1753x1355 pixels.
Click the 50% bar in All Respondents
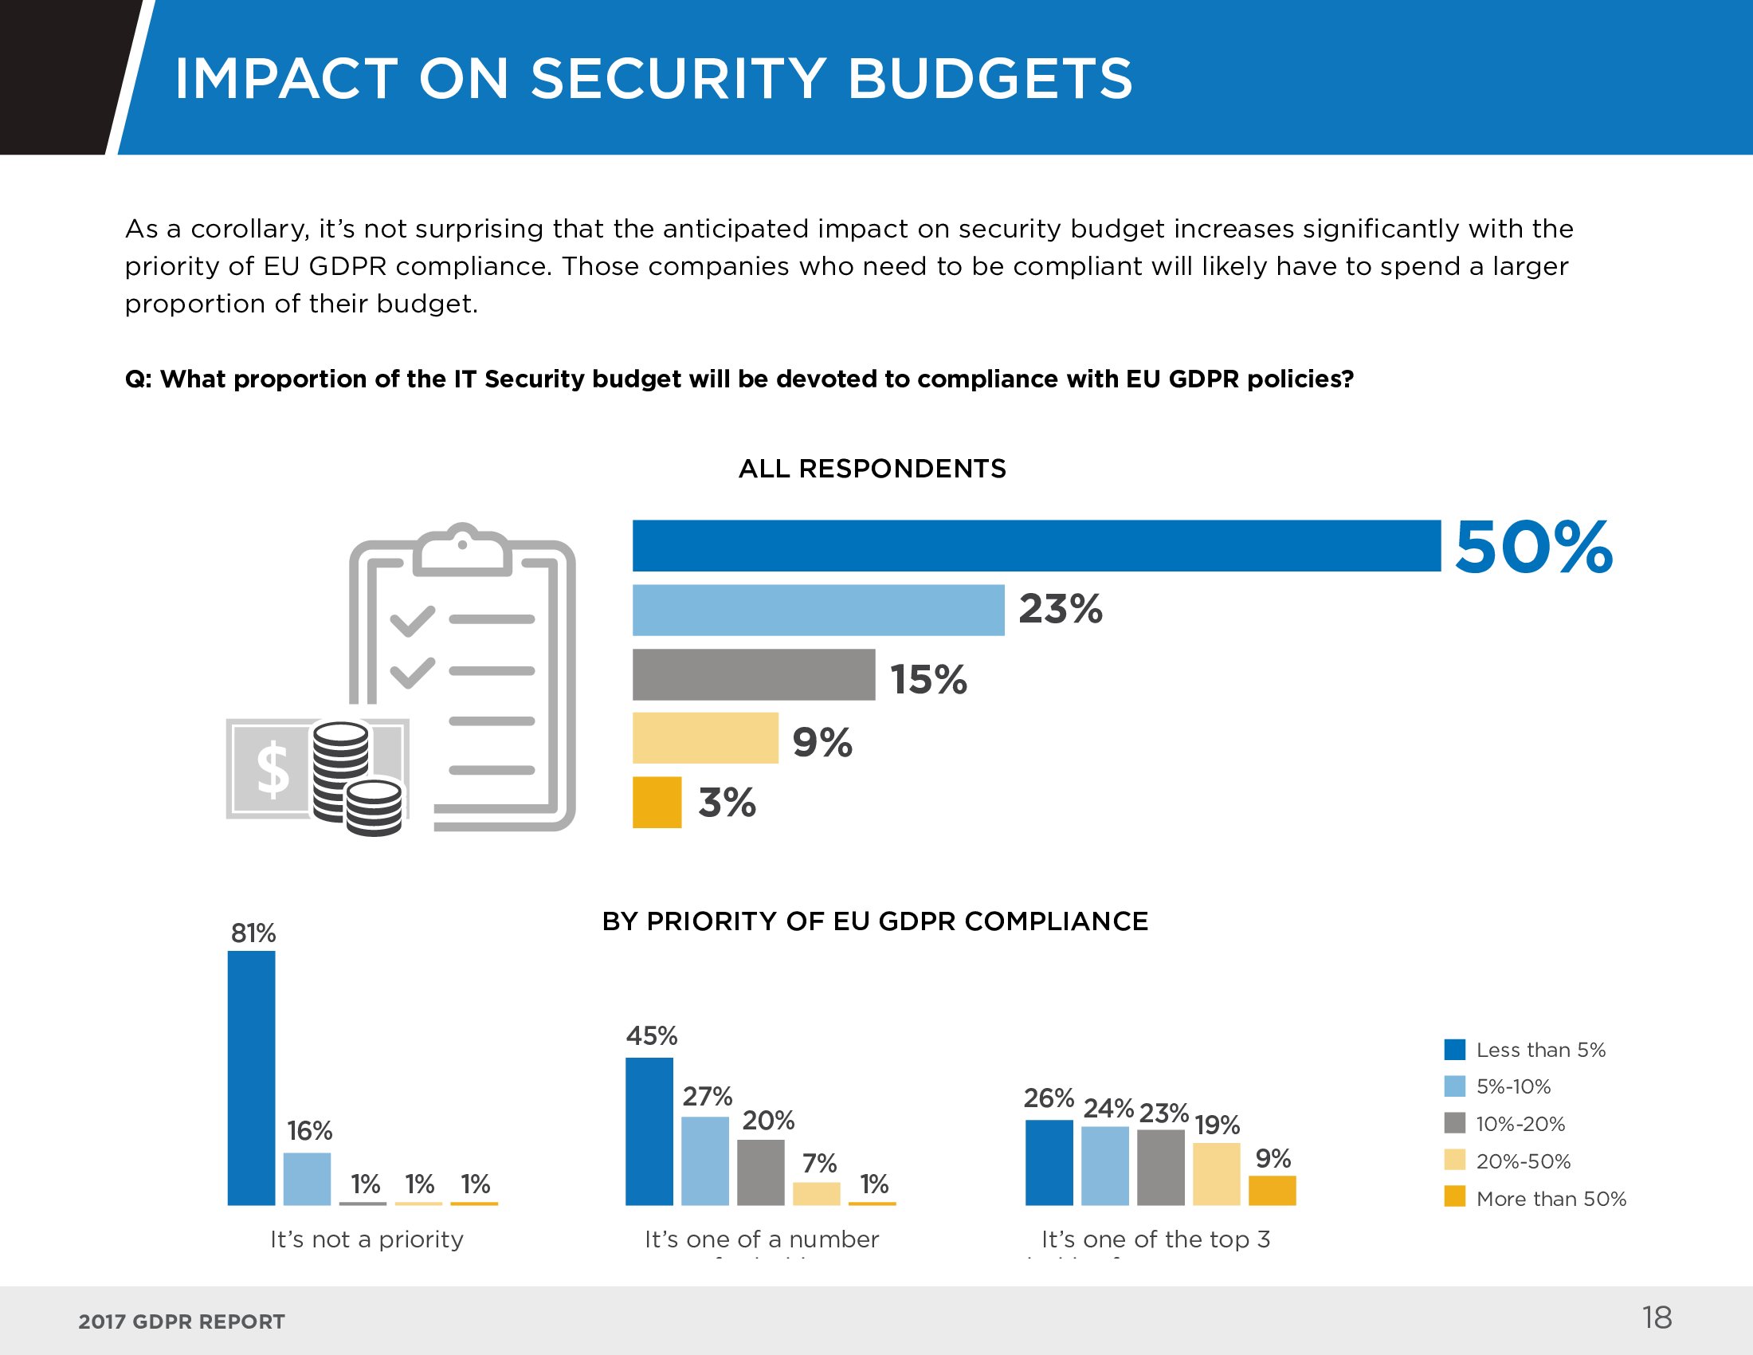(1035, 546)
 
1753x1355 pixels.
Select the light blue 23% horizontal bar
(818, 610)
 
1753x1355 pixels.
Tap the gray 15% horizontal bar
(753, 674)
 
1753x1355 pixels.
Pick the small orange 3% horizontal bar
(657, 802)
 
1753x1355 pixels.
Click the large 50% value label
(1533, 548)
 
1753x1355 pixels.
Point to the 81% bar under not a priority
(251, 1078)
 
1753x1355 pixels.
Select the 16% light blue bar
(307, 1178)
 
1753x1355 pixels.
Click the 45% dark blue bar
(649, 1131)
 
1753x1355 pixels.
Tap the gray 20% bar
(760, 1172)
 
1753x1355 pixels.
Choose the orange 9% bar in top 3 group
(1273, 1191)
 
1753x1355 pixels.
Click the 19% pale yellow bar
(1216, 1173)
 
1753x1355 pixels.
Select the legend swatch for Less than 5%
(1454, 1049)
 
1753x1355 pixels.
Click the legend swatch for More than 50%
(1454, 1196)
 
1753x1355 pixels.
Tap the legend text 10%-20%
(1520, 1124)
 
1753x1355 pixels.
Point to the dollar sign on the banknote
(273, 768)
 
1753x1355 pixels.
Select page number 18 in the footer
(1657, 1318)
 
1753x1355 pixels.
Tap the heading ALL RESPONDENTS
(872, 469)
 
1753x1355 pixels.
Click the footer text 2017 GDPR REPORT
(182, 1322)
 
